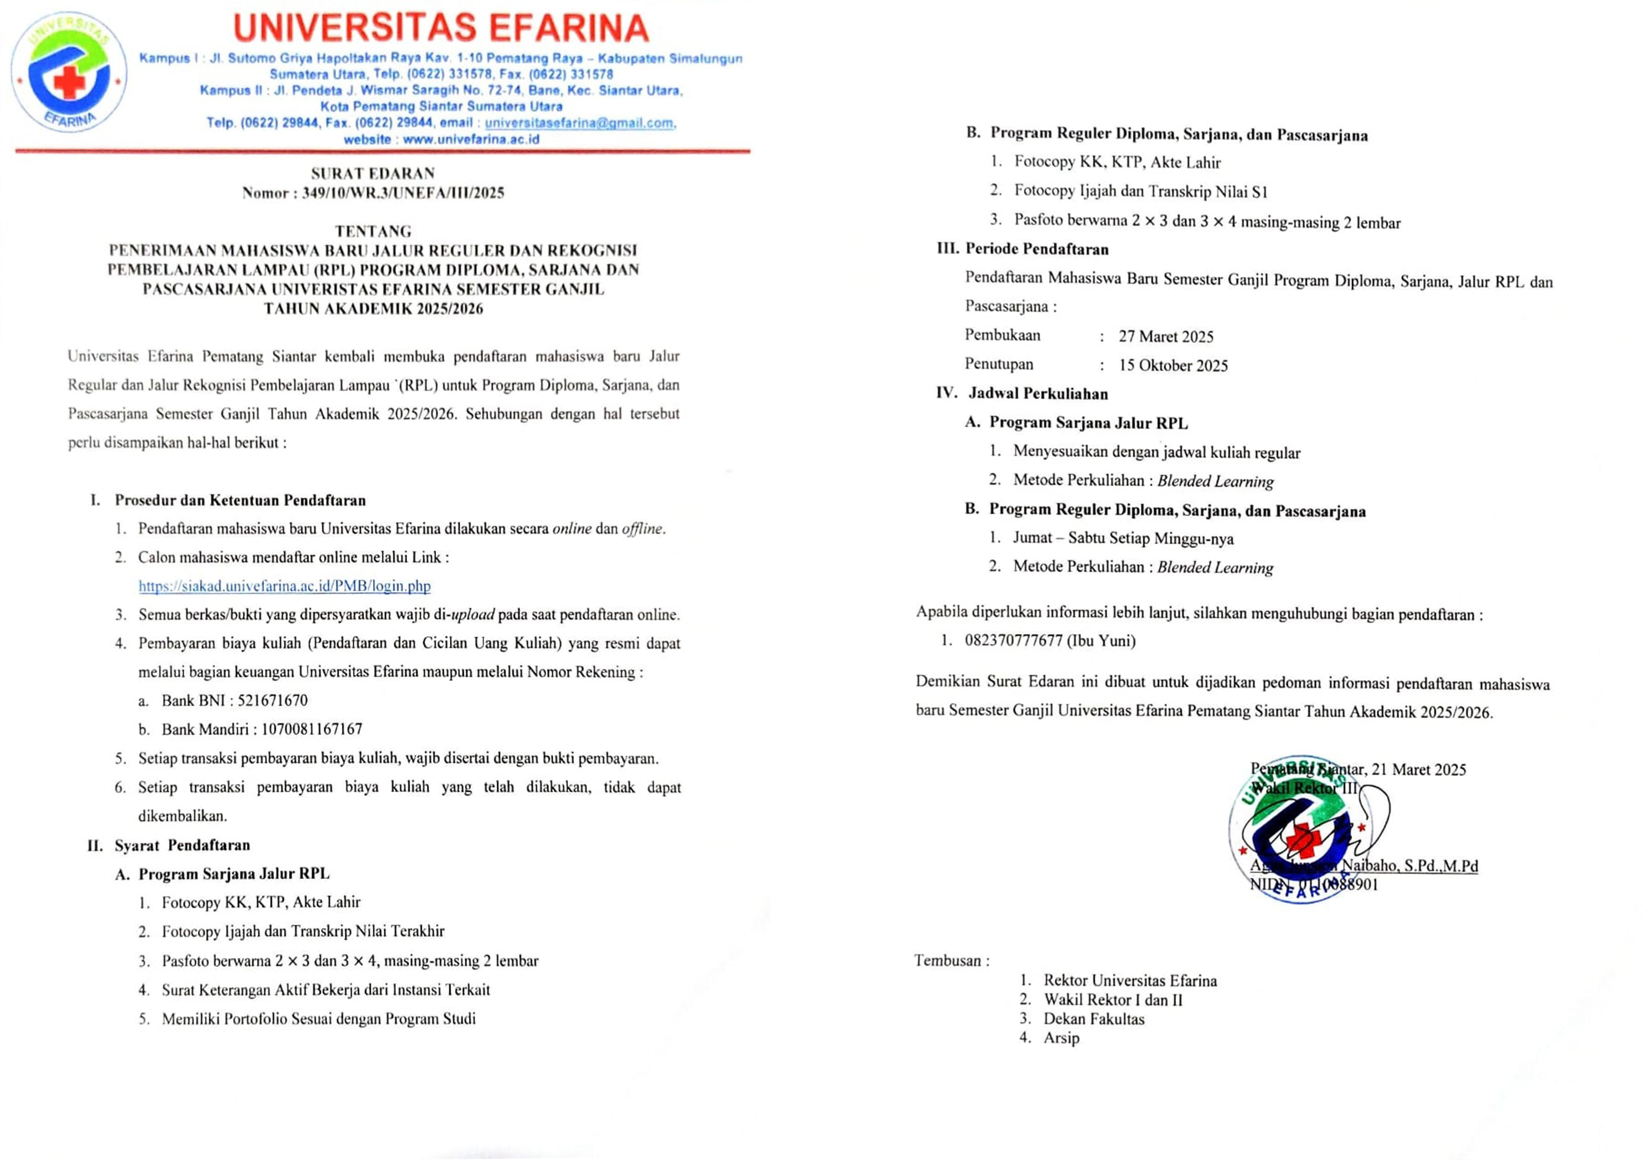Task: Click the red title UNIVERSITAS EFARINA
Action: click(440, 28)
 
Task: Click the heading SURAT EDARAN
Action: click(373, 173)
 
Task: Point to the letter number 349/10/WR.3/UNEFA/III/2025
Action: click(403, 193)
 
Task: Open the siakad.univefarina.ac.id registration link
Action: click(285, 586)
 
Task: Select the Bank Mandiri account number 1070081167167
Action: click(312, 729)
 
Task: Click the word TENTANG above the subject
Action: click(373, 231)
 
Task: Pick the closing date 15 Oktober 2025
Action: click(1173, 365)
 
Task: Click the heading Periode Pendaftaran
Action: click(1036, 249)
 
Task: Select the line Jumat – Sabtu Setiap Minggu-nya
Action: click(1123, 538)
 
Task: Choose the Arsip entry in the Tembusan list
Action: click(1061, 1038)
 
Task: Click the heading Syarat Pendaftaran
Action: click(183, 846)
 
